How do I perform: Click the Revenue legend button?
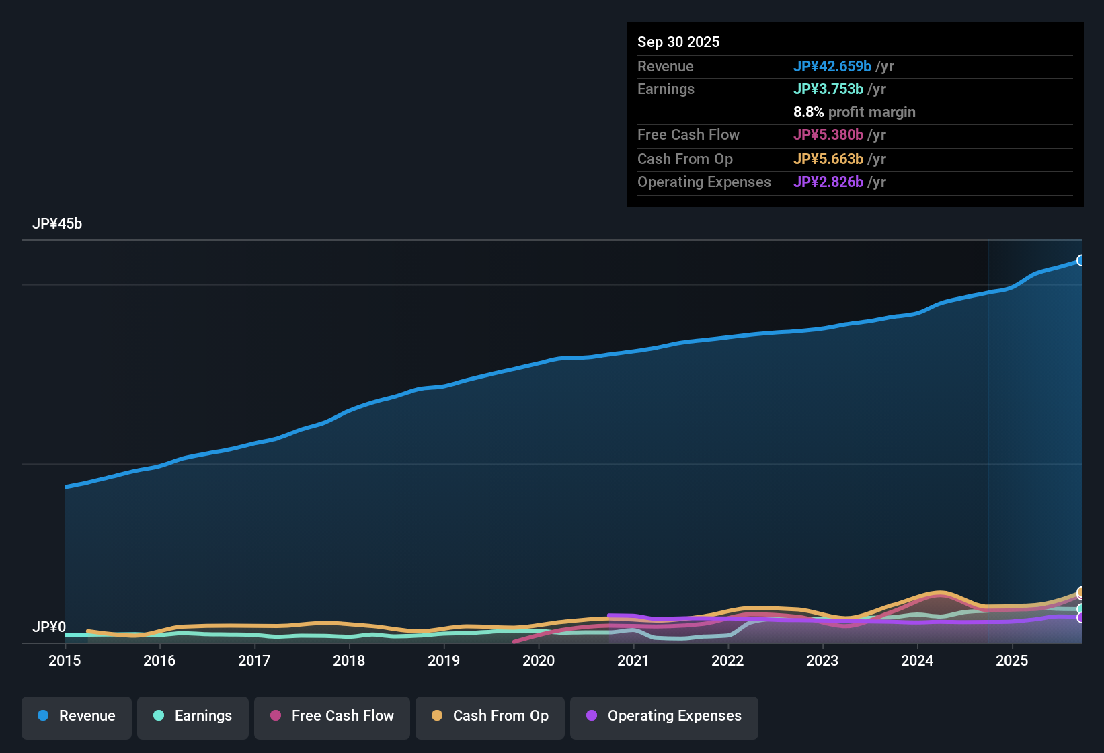(77, 717)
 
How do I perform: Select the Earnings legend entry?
(193, 717)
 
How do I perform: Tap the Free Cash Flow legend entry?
(332, 717)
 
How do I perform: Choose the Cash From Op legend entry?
(490, 717)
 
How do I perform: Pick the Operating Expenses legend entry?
(664, 717)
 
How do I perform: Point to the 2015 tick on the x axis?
(65, 661)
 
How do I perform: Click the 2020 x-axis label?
(539, 661)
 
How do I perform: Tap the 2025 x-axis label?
(1012, 661)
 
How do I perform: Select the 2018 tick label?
(349, 661)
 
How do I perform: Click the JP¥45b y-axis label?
(57, 224)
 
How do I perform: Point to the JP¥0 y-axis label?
(49, 627)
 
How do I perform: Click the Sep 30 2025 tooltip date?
(678, 42)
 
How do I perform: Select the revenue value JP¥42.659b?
(832, 67)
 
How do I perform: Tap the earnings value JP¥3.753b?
(828, 89)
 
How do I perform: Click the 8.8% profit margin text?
(854, 112)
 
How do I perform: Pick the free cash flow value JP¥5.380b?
(828, 135)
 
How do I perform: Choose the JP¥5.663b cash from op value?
(828, 159)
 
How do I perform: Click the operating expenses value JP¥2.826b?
(828, 182)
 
